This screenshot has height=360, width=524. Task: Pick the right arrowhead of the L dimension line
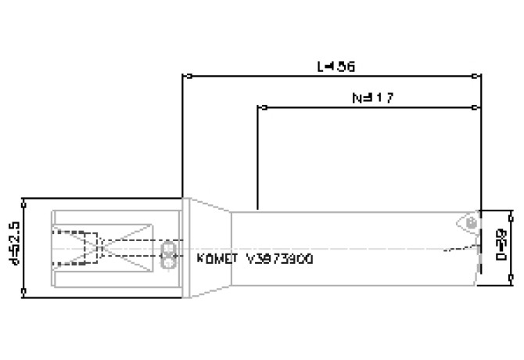click(478, 77)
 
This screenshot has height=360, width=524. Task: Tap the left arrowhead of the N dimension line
click(260, 107)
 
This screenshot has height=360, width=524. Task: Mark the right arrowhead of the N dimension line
click(478, 107)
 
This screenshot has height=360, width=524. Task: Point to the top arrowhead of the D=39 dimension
click(511, 212)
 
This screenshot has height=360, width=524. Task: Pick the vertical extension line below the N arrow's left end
click(257, 157)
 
